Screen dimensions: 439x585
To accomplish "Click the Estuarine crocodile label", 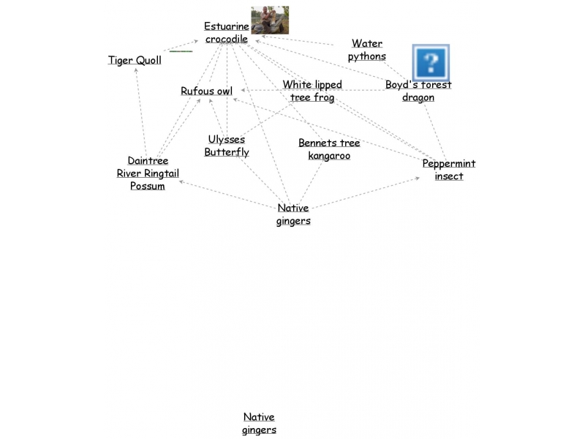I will (227, 33).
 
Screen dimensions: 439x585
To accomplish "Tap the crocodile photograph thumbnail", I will (270, 20).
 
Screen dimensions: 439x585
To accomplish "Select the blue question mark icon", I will (431, 62).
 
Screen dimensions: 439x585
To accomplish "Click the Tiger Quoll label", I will (135, 60).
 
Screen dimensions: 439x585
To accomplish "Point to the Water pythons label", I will (367, 50).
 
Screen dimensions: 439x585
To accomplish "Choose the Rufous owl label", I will (207, 91).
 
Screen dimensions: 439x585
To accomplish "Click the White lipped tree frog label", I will (312, 91).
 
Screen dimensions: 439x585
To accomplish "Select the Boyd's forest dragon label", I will (418, 91).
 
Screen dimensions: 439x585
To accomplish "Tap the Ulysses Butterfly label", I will (227, 146).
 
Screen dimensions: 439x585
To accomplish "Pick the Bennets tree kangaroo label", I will (329, 149).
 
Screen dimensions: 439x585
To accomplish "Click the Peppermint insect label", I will (449, 170).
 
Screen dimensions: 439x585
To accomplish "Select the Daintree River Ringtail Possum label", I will (148, 173).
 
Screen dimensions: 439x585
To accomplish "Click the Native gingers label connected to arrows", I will (293, 214).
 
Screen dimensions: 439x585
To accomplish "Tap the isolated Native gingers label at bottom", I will (260, 424).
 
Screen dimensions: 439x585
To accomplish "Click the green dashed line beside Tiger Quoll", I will (181, 51).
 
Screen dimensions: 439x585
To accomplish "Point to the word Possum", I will (148, 186).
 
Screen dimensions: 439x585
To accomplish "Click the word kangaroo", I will (329, 156).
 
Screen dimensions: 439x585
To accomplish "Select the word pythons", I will (367, 56).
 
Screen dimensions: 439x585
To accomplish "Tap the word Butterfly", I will (227, 152).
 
